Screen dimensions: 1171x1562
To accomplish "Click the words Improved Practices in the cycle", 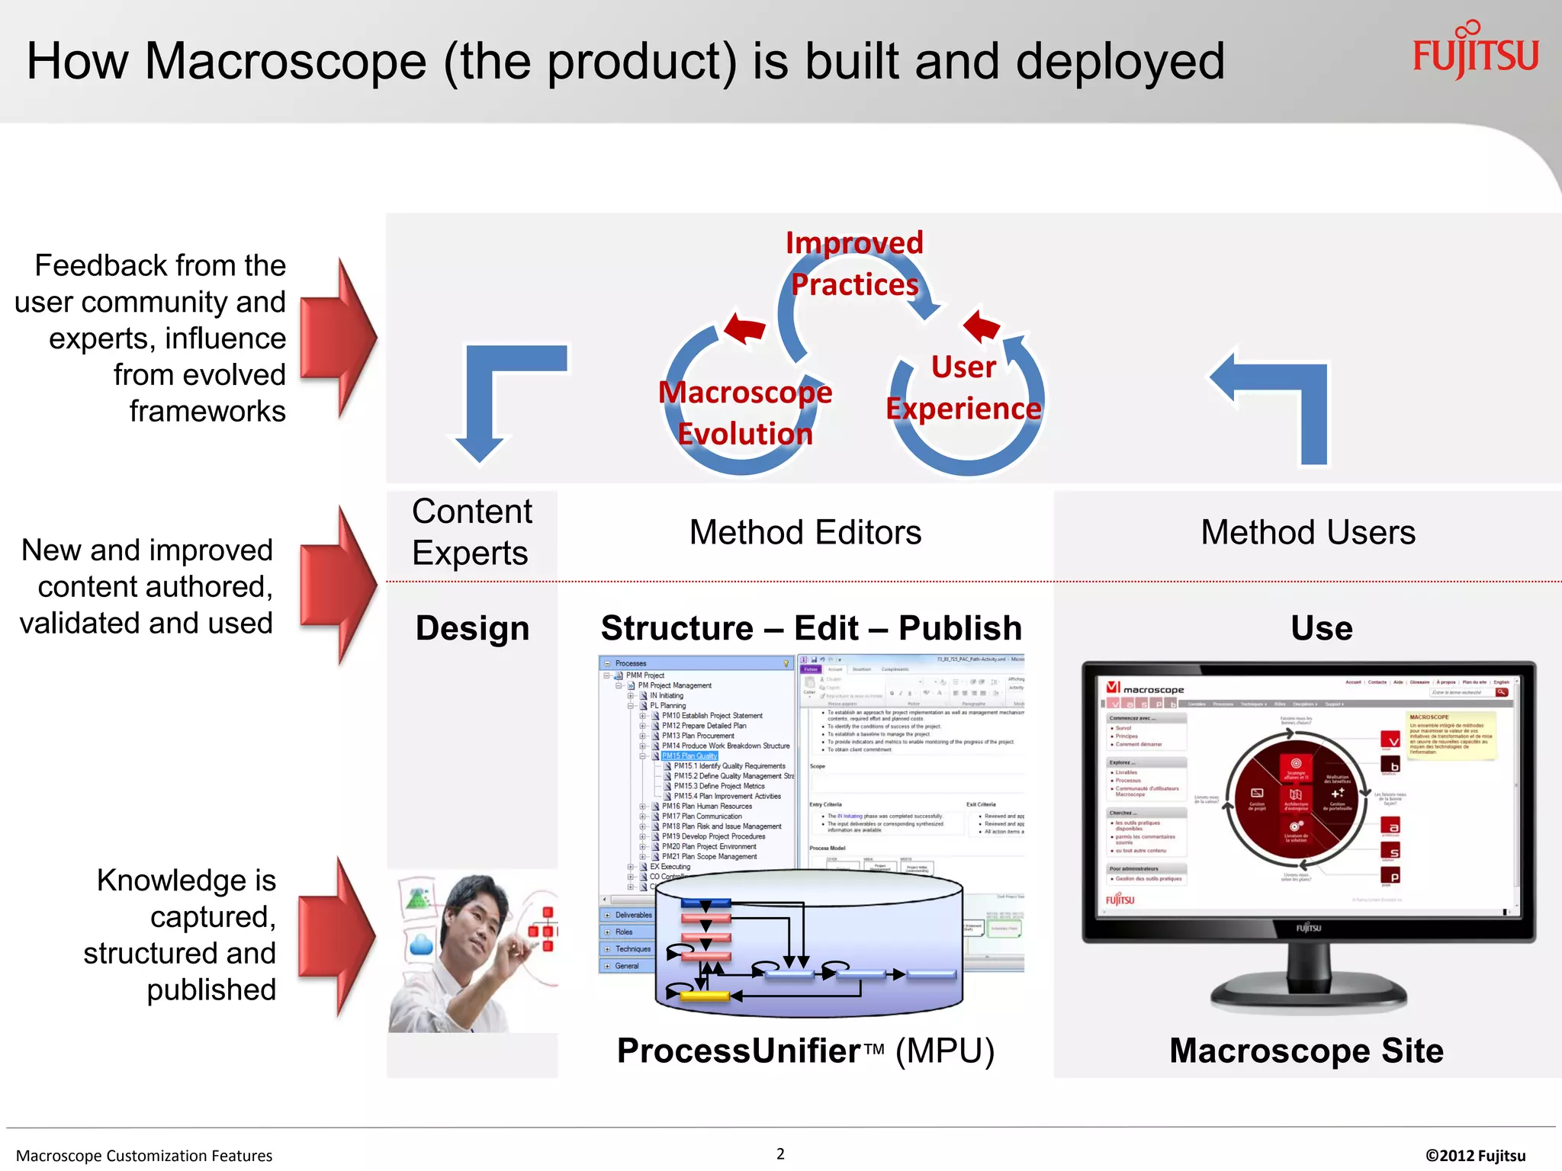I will (854, 263).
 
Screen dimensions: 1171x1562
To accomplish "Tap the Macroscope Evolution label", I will (745, 412).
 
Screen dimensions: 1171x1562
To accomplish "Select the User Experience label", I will (963, 388).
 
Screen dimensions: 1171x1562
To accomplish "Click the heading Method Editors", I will (805, 532).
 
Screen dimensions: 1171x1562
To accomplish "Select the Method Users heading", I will (1307, 532).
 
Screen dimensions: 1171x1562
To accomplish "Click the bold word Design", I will (472, 628).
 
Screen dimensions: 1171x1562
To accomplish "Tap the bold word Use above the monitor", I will (1321, 628).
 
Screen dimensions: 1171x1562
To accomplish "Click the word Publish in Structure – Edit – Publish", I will (959, 628).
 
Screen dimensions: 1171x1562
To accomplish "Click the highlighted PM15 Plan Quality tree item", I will (689, 756).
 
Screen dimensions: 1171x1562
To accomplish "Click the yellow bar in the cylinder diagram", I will (704, 995).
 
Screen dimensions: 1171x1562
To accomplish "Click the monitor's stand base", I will (1308, 994).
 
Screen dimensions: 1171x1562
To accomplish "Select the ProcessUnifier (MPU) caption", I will (805, 1051).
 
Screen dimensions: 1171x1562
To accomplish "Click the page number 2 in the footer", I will (780, 1153).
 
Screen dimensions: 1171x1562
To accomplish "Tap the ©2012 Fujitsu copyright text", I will (1475, 1155).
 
